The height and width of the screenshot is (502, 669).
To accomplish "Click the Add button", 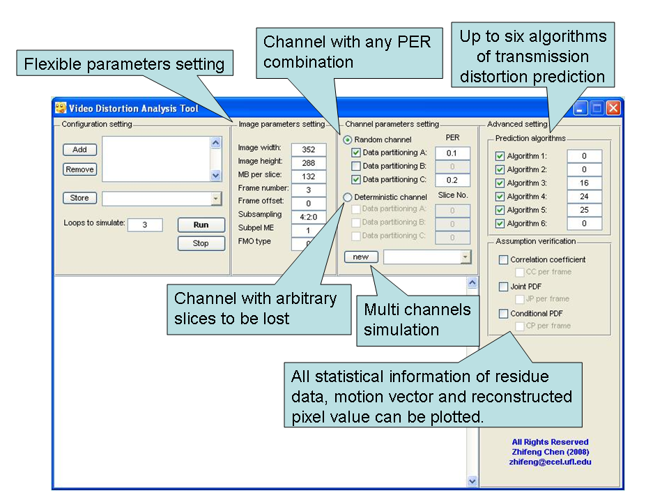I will click(79, 149).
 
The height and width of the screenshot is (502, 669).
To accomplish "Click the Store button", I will click(79, 198).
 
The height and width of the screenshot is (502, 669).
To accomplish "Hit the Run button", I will click(201, 225).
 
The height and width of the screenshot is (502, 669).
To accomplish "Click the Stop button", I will click(201, 243).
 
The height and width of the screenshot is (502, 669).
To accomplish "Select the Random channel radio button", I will click(348, 139).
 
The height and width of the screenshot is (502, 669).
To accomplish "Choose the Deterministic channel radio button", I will click(348, 197).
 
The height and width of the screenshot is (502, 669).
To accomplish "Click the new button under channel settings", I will click(360, 257).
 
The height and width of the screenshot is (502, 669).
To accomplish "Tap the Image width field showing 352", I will click(309, 149).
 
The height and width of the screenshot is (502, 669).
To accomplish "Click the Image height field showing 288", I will click(309, 163).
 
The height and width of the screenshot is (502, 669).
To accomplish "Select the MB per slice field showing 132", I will click(309, 176).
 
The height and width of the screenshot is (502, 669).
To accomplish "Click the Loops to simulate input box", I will click(145, 225).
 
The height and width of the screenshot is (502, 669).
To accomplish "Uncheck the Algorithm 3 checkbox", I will click(500, 183).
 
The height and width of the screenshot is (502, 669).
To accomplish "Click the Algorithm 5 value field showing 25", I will click(584, 210).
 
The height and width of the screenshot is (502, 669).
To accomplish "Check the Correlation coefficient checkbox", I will click(503, 260).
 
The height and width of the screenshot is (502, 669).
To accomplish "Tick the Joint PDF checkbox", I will click(503, 287).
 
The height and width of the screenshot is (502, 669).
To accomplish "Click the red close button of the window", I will click(613, 108).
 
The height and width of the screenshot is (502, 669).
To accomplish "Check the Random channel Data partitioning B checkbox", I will click(356, 167).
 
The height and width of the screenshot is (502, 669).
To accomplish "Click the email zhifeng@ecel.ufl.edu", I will click(550, 462).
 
